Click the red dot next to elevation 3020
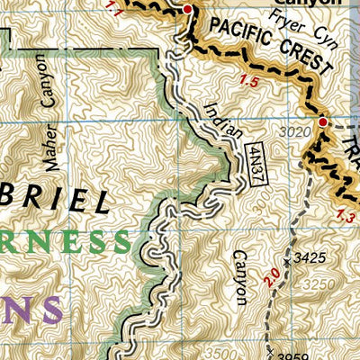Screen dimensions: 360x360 click(322, 121)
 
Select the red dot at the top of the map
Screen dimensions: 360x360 click(187, 10)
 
